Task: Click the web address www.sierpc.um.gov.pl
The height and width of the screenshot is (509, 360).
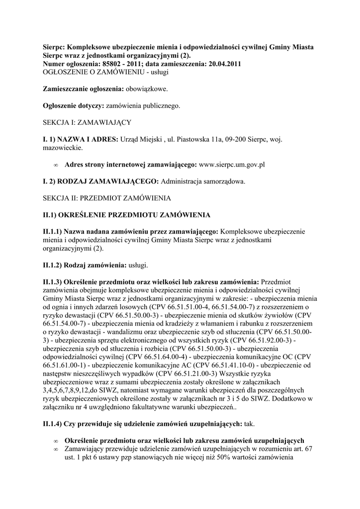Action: click(x=232, y=164)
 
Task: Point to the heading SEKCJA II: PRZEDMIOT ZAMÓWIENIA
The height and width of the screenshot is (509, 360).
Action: click(x=107, y=198)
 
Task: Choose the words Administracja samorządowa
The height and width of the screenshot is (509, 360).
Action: click(x=203, y=181)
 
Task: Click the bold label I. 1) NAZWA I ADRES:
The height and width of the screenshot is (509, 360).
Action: click(x=81, y=139)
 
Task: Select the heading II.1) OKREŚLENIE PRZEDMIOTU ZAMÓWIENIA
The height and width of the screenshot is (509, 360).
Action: click(x=127, y=215)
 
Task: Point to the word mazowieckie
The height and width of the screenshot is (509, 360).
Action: click(x=62, y=148)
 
